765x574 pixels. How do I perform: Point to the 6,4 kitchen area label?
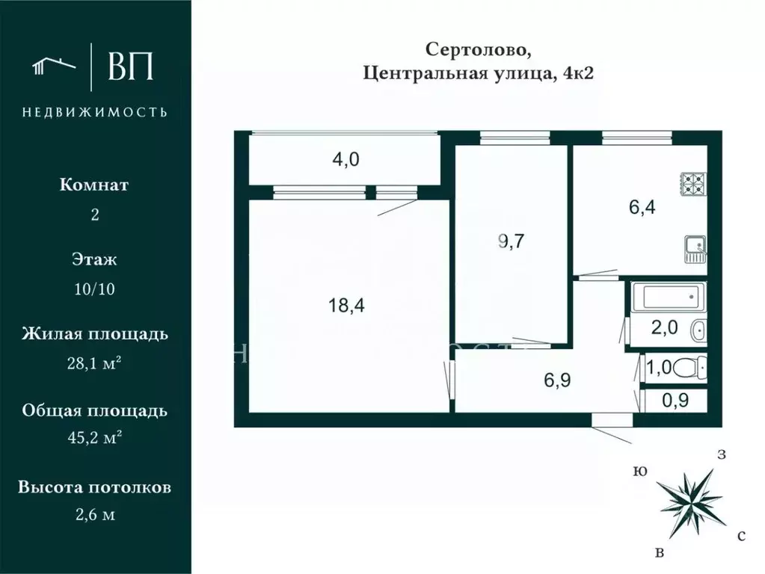641,208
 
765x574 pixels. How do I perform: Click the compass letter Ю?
639,471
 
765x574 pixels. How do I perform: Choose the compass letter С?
740,536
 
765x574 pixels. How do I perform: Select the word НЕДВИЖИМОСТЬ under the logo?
95,112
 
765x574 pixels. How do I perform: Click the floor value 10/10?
95,288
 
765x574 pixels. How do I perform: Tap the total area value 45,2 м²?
95,439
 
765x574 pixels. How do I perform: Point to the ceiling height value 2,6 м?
95,515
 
